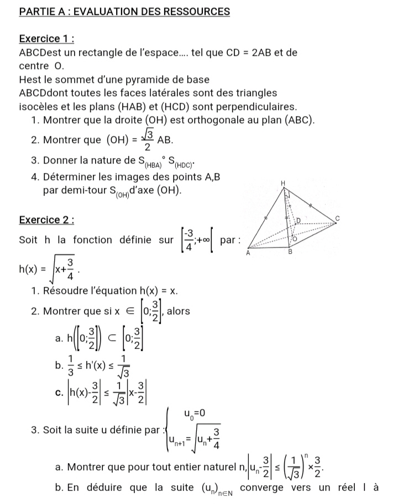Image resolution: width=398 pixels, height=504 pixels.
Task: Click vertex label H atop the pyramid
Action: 283,182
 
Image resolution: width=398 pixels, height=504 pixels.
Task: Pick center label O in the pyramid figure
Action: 295,239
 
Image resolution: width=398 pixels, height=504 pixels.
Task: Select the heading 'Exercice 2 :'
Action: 47,220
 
